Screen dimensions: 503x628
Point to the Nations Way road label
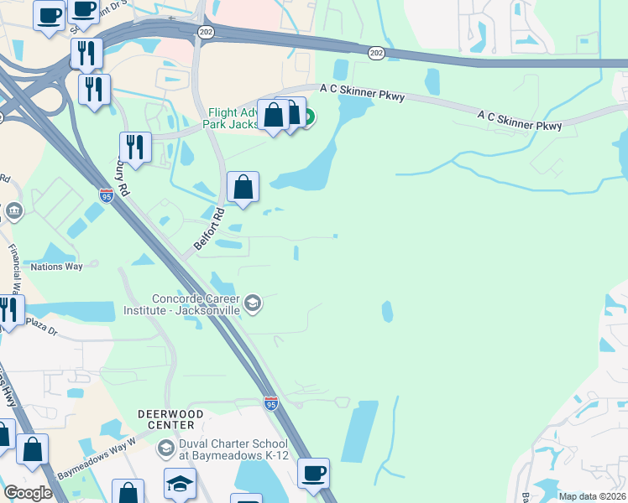(57, 267)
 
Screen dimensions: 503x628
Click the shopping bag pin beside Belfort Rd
(243, 188)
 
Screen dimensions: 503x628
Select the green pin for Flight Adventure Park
(307, 118)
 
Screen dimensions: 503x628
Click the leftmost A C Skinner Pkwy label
(362, 92)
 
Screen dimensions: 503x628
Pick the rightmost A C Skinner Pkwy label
(519, 119)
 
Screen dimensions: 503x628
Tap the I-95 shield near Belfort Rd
(107, 196)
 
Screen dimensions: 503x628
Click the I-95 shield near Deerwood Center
(270, 404)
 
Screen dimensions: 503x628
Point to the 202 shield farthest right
(376, 53)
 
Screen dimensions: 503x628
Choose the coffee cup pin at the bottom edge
(313, 474)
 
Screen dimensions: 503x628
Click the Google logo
(29, 493)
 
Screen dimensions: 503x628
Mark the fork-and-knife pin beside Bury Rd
(133, 148)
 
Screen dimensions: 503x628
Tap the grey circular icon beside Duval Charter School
(165, 449)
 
